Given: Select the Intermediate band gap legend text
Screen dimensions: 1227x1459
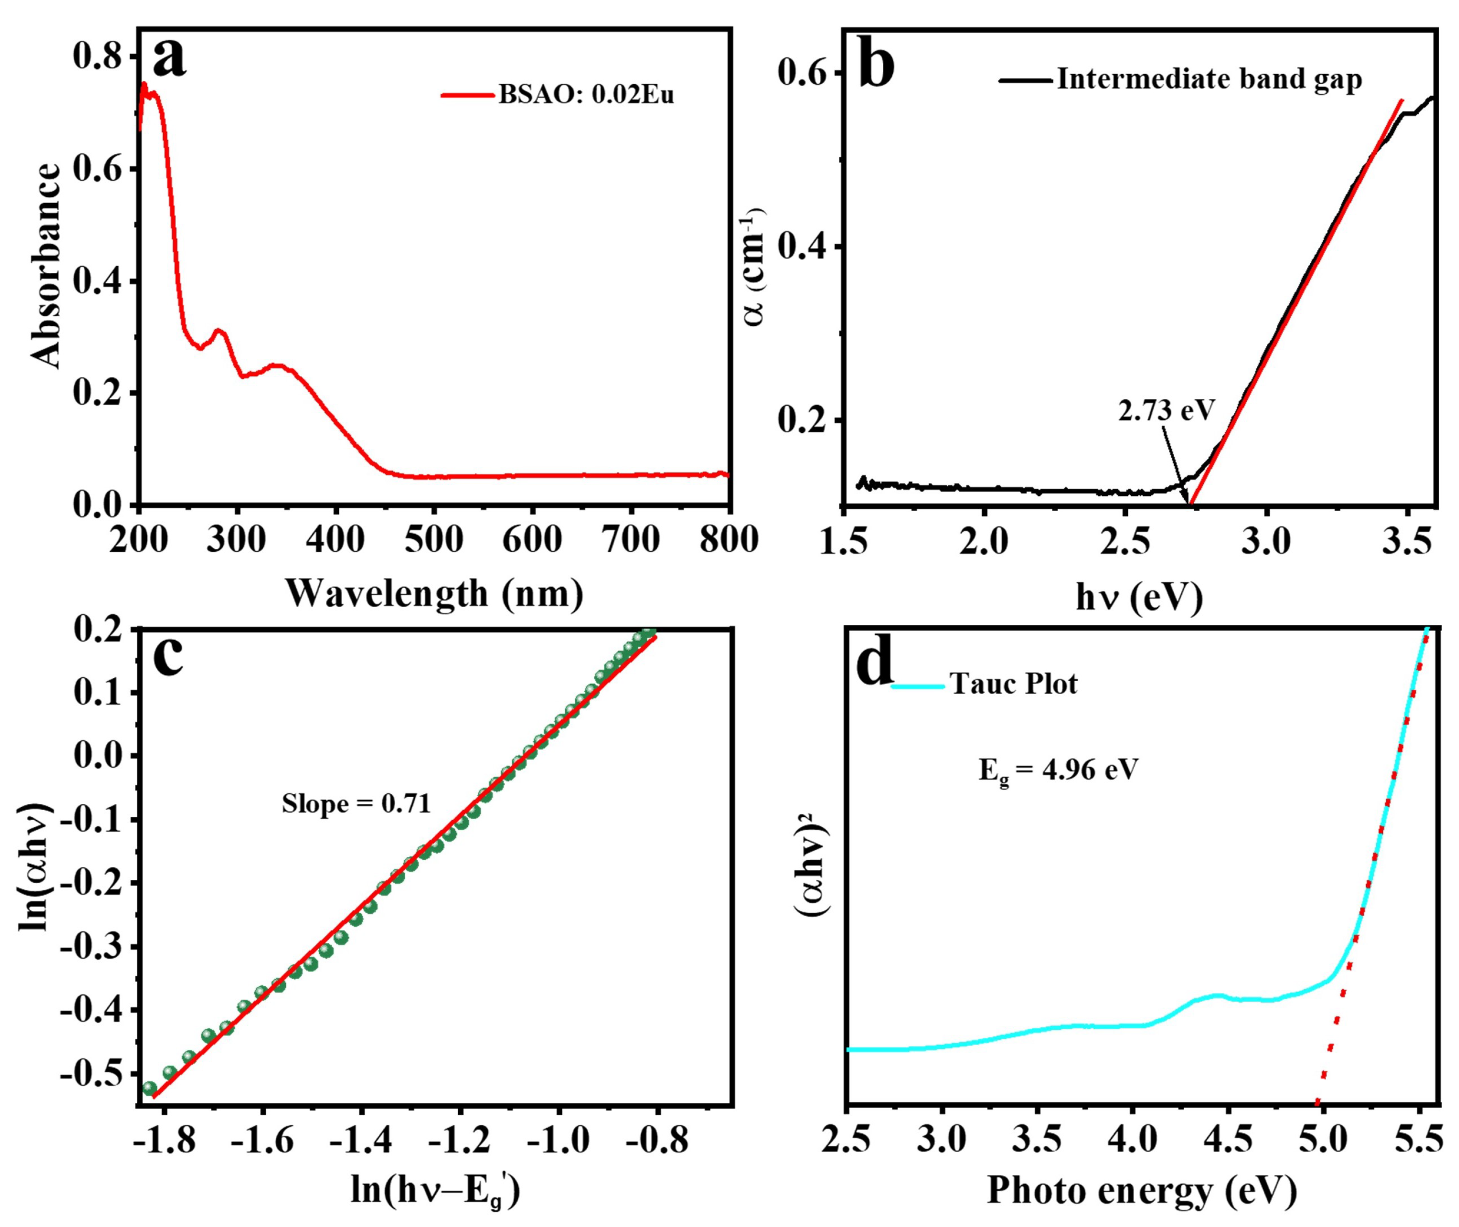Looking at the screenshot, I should pos(1209,79).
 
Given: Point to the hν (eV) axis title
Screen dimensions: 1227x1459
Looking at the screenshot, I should pos(1138,597).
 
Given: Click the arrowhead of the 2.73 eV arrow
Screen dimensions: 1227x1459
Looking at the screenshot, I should pos(1187,500).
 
